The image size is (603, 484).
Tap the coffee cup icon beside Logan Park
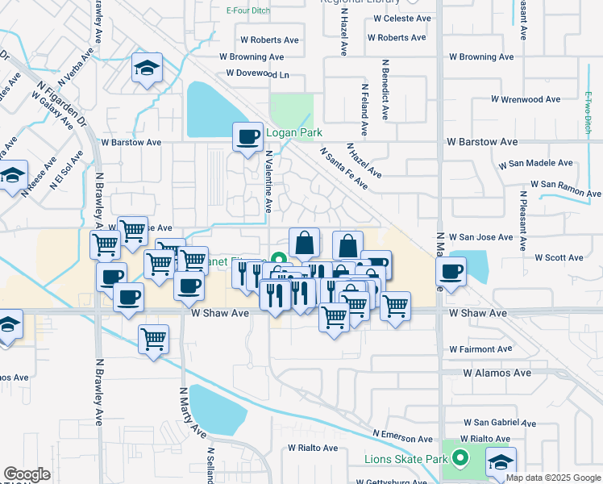(x=247, y=136)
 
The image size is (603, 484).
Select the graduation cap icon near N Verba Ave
(x=147, y=69)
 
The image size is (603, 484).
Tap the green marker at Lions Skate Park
(x=460, y=459)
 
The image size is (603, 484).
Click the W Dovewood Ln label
(x=257, y=74)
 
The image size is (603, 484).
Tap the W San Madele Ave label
(x=535, y=164)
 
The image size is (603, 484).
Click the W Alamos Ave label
(x=497, y=373)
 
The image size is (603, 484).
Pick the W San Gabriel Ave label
(x=500, y=422)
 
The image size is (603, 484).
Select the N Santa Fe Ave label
(x=343, y=168)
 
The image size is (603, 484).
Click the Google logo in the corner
(x=27, y=474)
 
